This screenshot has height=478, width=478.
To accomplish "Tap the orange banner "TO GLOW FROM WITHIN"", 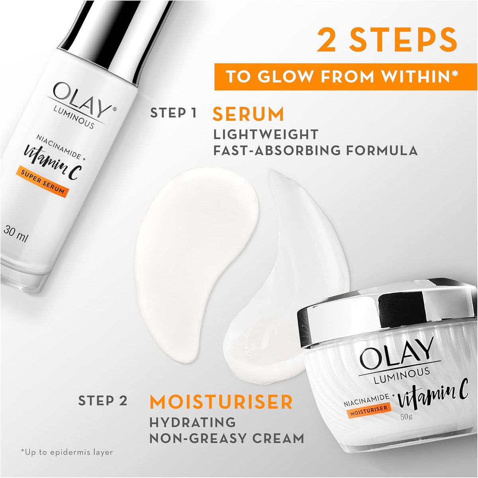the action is [346, 76].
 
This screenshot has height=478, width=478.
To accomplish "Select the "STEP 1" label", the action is [174, 113].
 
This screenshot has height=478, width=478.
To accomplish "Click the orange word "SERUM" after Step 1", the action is [248, 114].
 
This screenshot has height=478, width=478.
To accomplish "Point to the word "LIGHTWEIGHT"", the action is [266, 135].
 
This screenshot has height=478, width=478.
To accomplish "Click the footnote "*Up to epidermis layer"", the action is [67, 459].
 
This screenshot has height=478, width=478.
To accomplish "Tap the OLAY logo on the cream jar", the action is [397, 355].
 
